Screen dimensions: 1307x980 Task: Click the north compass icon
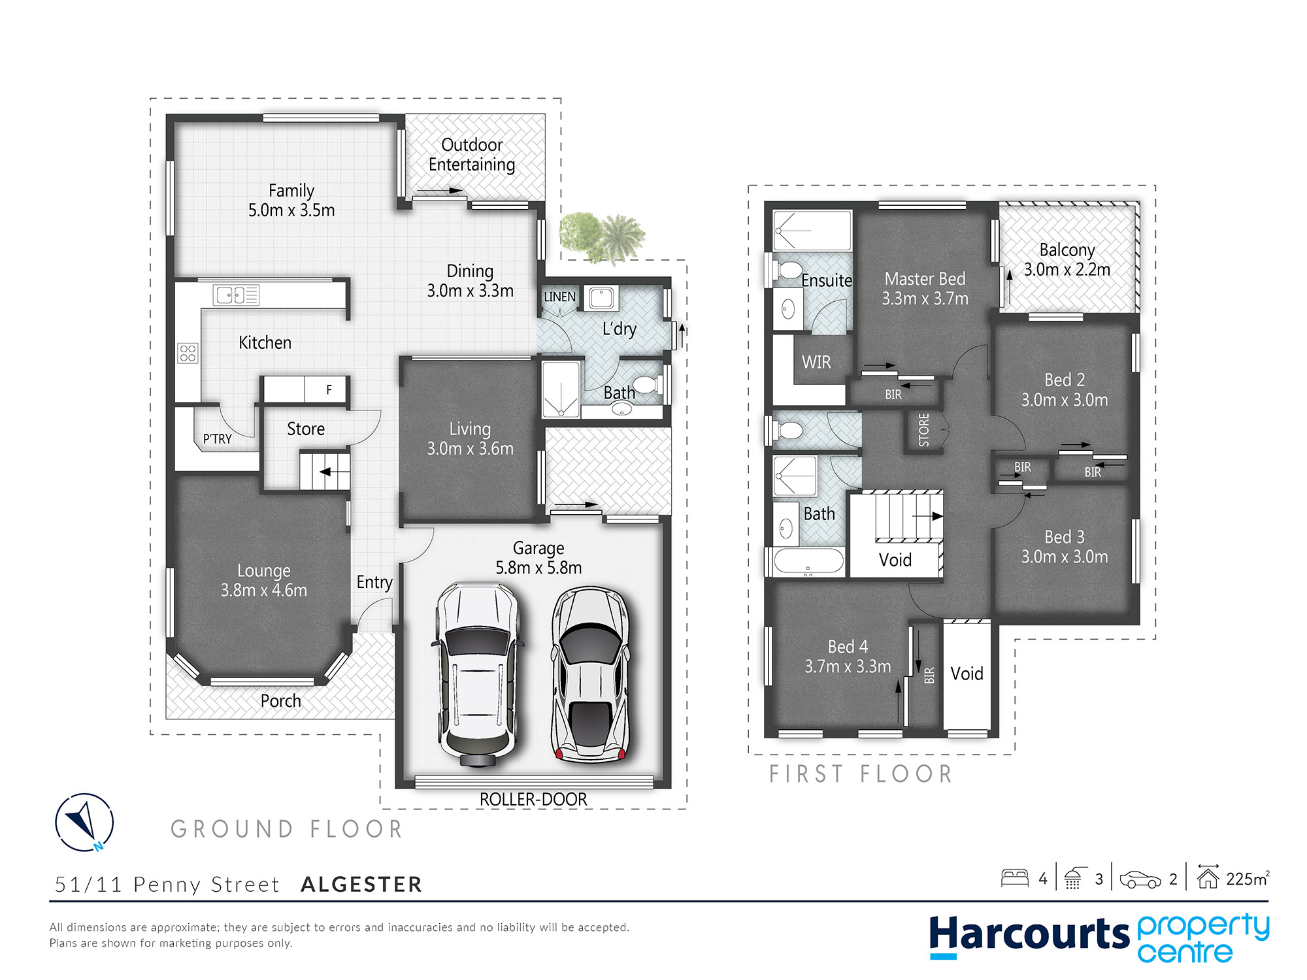[84, 822]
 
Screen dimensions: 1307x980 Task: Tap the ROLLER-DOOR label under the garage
[533, 799]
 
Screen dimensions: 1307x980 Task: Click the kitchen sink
[236, 295]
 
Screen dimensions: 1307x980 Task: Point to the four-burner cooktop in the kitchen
[188, 353]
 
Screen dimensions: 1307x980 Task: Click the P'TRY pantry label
[218, 439]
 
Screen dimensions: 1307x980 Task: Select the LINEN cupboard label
[560, 297]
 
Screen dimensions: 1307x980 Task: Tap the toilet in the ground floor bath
[649, 384]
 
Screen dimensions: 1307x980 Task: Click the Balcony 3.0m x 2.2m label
[1067, 259]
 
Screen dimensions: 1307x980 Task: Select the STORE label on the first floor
[924, 430]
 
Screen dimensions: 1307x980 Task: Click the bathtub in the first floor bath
[808, 561]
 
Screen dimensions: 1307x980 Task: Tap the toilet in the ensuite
[788, 269]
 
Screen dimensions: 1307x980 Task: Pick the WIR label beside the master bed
[816, 362]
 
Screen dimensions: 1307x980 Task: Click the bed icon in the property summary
[1015, 878]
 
